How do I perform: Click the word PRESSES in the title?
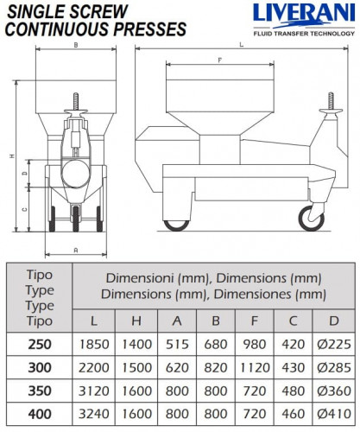point(149,29)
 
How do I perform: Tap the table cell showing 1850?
point(94,344)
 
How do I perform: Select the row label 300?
point(40,367)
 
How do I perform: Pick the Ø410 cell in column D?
point(334,414)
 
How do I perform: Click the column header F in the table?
point(255,321)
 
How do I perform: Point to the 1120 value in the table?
point(255,367)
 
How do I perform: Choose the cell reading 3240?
point(94,414)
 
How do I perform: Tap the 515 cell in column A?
point(177,344)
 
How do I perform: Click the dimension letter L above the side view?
point(242,45)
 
